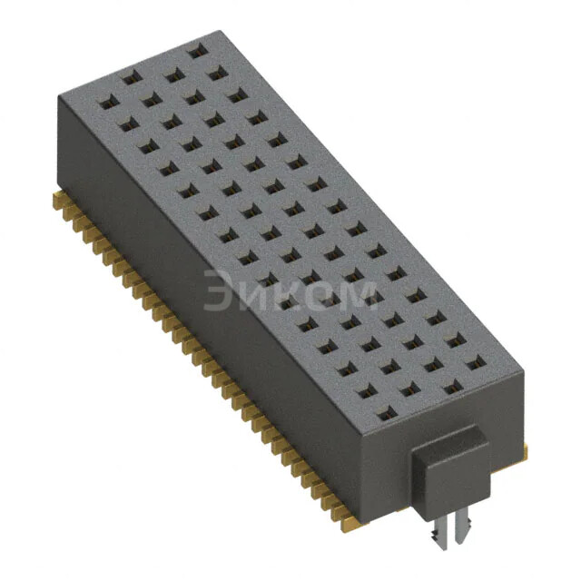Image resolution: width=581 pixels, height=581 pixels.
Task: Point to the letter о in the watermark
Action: [314, 296]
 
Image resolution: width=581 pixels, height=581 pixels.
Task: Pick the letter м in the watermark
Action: [354, 296]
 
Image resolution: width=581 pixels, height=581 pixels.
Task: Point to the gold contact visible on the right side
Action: [524, 448]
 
